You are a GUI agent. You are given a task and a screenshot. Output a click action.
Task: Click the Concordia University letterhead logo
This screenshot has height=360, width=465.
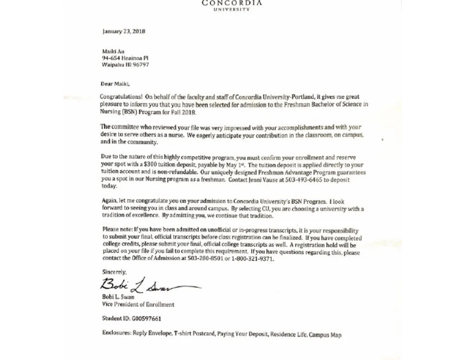(x=232, y=5)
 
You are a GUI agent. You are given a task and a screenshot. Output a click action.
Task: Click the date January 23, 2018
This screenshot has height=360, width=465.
(x=124, y=32)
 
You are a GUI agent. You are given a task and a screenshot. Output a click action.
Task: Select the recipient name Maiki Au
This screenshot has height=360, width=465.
(x=113, y=52)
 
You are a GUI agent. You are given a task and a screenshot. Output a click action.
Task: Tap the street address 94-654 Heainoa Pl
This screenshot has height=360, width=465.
(x=125, y=58)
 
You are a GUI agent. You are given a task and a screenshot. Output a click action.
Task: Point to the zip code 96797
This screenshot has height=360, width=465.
(x=140, y=65)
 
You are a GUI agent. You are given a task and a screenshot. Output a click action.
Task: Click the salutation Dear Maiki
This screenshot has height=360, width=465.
(x=115, y=84)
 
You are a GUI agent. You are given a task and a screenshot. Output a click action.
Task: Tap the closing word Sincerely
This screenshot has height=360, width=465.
(x=114, y=273)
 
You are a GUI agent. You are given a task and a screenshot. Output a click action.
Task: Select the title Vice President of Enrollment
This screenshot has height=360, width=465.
(x=138, y=304)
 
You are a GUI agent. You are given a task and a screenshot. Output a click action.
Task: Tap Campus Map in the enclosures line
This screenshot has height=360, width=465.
(x=325, y=335)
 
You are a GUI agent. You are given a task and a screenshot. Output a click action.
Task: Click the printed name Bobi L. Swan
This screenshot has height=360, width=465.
(x=118, y=297)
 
